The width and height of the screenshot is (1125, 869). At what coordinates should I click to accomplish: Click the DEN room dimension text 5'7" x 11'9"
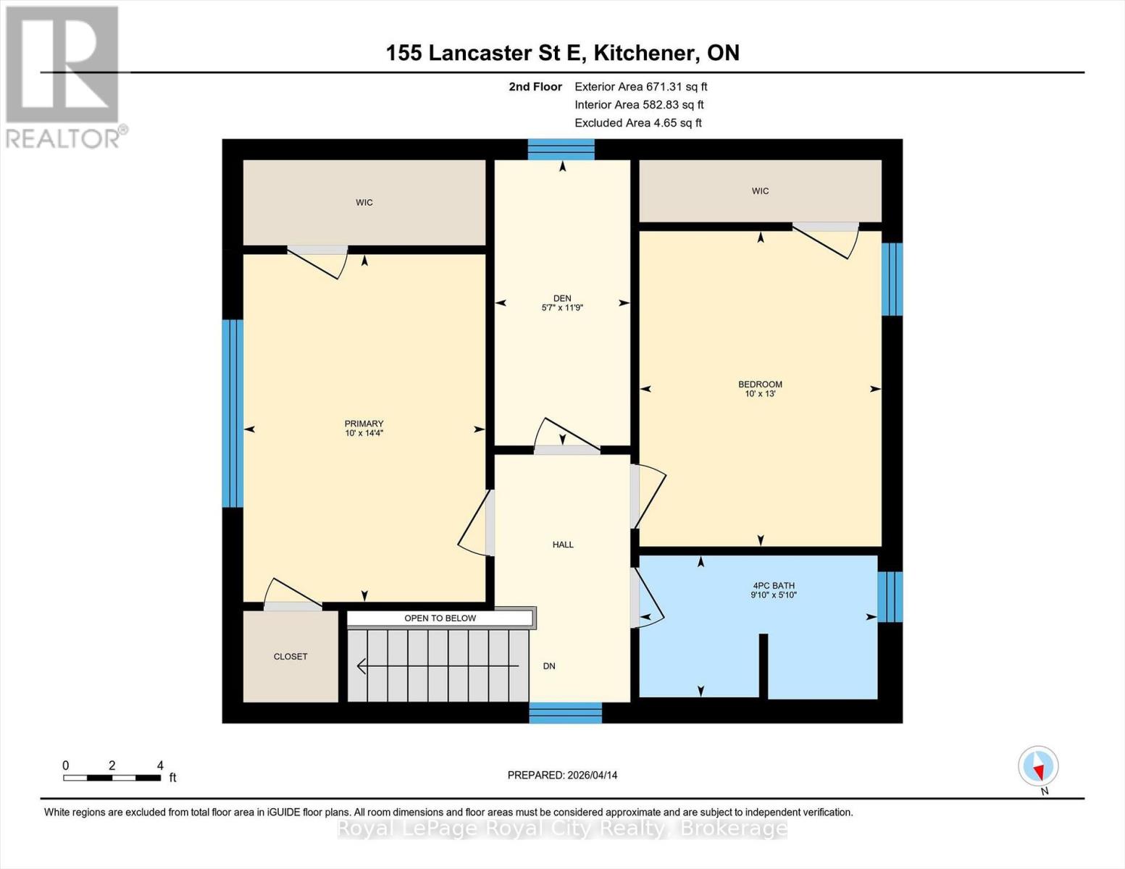(562, 308)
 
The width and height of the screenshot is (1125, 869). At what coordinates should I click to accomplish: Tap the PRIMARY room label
(364, 424)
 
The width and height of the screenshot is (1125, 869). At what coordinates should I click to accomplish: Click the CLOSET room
(290, 656)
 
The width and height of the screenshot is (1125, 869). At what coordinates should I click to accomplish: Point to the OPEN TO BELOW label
(440, 618)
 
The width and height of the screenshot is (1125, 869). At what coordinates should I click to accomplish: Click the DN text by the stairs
(549, 666)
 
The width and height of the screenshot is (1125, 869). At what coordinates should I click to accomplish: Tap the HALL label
(563, 545)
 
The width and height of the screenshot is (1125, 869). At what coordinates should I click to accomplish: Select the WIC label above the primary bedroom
(364, 203)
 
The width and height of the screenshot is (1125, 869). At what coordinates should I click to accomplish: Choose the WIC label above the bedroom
(760, 191)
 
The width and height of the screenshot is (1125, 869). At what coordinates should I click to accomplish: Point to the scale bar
(112, 778)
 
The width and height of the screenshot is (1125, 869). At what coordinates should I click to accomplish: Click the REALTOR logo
(64, 76)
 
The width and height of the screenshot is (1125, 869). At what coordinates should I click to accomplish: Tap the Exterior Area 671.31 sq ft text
(640, 86)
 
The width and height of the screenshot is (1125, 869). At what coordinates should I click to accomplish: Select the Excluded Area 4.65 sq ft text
(637, 123)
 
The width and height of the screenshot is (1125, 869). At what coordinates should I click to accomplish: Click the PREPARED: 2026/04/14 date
(562, 775)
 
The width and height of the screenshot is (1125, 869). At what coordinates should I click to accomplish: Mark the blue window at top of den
(561, 149)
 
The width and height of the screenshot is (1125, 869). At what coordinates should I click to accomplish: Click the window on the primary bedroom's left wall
(232, 413)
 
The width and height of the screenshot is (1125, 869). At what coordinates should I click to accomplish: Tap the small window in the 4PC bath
(890, 597)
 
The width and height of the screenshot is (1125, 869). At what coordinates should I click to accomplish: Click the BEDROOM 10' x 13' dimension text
(760, 394)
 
